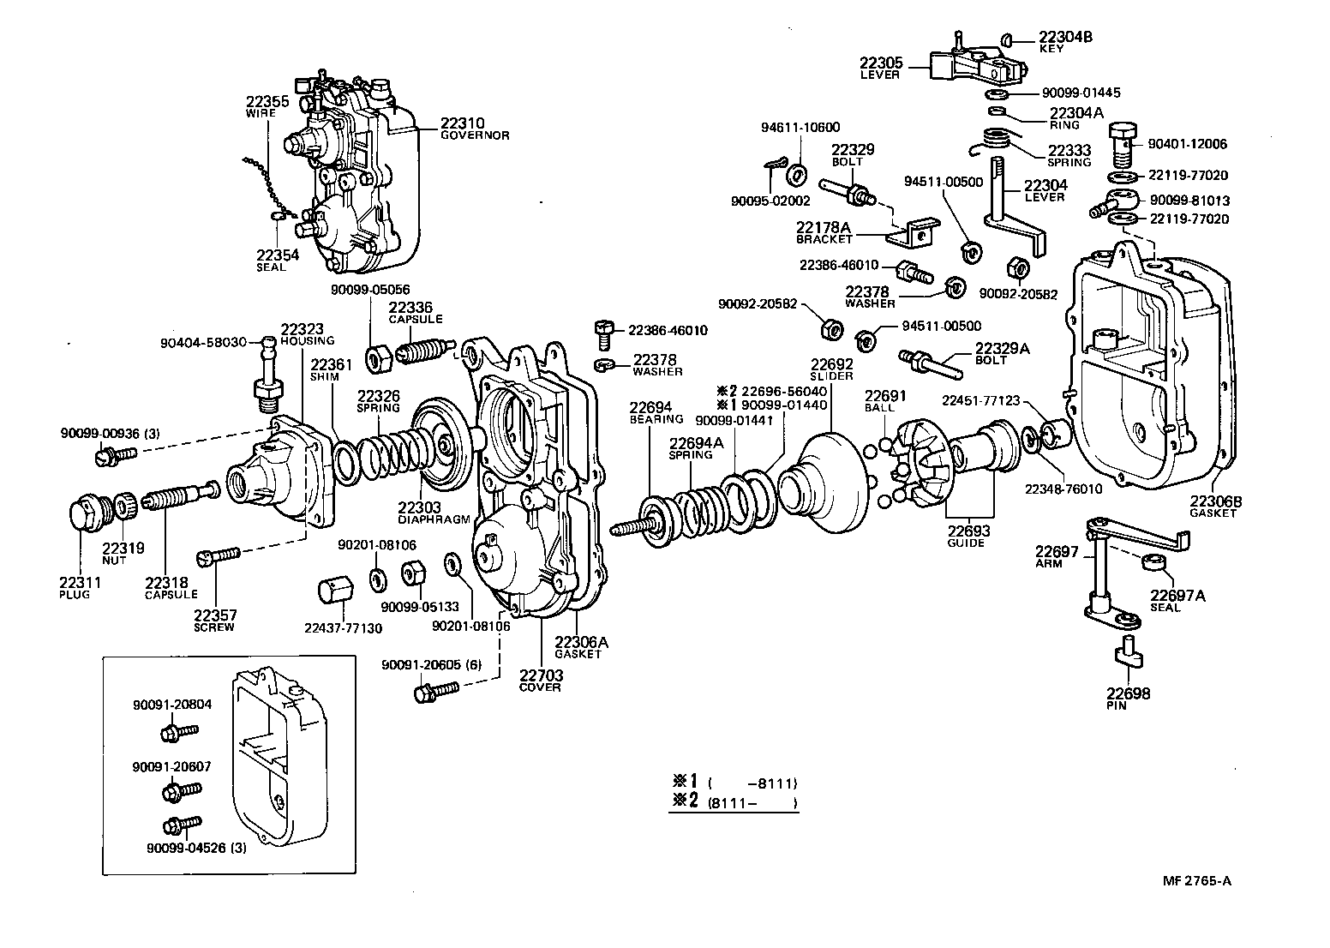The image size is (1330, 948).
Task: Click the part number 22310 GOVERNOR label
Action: [474, 128]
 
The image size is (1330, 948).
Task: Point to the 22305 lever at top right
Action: [977, 64]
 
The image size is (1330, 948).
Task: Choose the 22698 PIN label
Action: [1127, 699]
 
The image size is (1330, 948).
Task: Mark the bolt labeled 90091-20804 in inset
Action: [177, 732]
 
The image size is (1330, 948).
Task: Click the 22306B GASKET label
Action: [1212, 507]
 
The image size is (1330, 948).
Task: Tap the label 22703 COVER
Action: [540, 681]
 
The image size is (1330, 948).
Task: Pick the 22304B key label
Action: [1064, 42]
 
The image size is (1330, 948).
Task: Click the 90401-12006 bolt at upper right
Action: [1122, 145]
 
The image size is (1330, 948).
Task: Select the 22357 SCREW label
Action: [214, 620]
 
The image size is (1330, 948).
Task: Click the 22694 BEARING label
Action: [656, 412]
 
